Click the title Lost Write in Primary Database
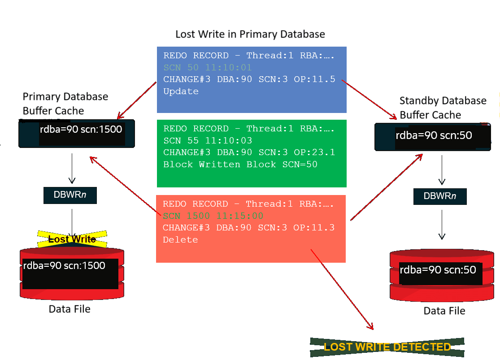(250, 34)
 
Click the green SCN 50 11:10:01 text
(207, 68)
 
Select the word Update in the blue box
(181, 91)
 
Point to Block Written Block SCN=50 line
(240, 165)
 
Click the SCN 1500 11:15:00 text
(213, 216)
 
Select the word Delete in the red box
(180, 240)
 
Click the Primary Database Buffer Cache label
(65, 104)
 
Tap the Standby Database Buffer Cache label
(443, 108)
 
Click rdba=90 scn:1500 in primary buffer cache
(81, 130)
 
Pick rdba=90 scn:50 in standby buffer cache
(433, 135)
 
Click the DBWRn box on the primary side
(70, 195)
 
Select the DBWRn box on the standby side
(440, 196)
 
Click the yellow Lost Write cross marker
(72, 239)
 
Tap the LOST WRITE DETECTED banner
(387, 347)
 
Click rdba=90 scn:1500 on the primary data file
(64, 266)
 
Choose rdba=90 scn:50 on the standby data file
(438, 270)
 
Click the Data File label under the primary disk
(70, 309)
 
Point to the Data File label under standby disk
(444, 311)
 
